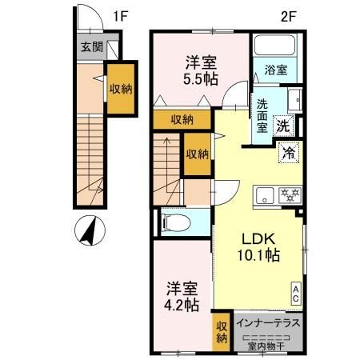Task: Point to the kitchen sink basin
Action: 264,193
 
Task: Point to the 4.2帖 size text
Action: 182,305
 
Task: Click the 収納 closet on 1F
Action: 121,90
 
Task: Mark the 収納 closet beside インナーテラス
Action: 222,332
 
